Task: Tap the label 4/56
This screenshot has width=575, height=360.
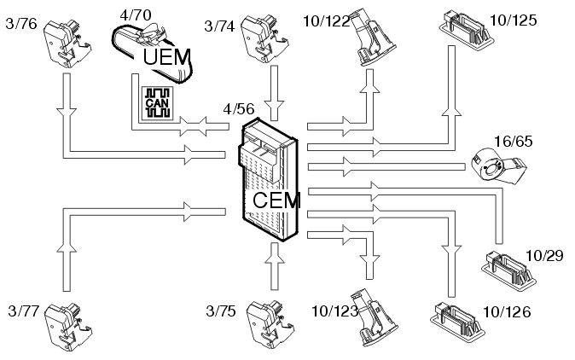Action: (x=240, y=109)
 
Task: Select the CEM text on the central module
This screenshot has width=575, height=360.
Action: (x=277, y=201)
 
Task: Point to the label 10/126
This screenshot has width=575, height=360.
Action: (x=507, y=313)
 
